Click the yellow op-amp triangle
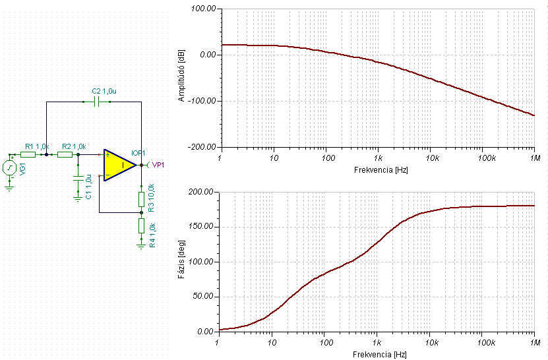click(x=118, y=165)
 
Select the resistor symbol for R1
click(x=28, y=154)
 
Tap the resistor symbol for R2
click(x=65, y=154)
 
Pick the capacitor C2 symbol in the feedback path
click(x=97, y=102)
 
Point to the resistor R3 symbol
click(x=141, y=199)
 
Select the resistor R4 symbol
click(x=141, y=225)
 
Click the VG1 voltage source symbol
click(x=9, y=168)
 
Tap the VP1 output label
click(x=158, y=165)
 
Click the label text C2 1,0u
click(x=104, y=91)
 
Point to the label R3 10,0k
click(x=151, y=198)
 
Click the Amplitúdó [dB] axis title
click(x=181, y=76)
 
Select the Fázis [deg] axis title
click(x=181, y=259)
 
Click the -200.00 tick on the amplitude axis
click(x=202, y=147)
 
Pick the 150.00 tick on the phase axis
click(x=201, y=226)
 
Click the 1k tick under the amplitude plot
click(x=378, y=158)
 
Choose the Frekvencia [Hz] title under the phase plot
click(x=379, y=355)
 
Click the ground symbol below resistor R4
click(x=141, y=245)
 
